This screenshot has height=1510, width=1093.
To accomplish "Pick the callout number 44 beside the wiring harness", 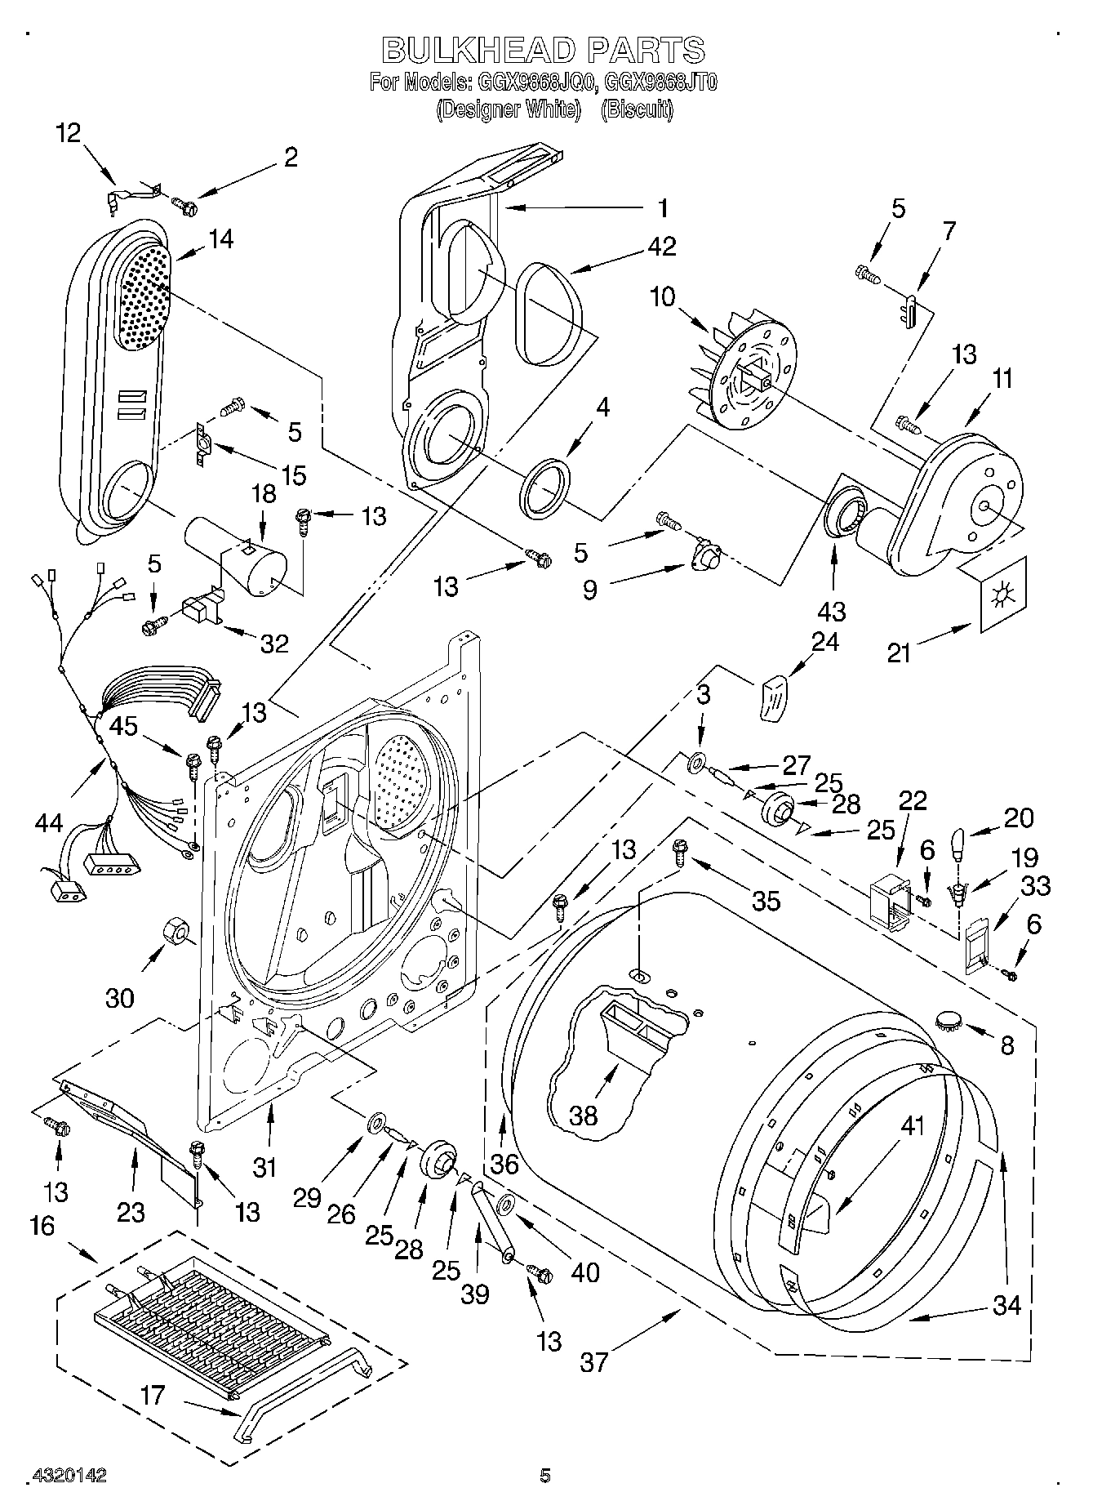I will point(50,822).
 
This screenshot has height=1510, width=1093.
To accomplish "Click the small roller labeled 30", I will point(176,929).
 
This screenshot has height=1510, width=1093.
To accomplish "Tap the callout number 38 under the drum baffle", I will point(584,1115).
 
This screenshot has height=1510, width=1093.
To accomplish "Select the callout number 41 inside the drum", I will point(912,1125).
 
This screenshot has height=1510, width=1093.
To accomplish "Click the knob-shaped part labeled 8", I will point(949,1018).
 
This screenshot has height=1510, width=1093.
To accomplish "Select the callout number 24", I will point(824,642).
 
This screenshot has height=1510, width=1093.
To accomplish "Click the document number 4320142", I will point(69,1475).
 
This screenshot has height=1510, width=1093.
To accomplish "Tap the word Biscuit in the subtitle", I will point(637,109).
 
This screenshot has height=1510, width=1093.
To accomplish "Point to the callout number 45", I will point(124,726).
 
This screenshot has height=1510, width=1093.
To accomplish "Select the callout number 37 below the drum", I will point(594,1361).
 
